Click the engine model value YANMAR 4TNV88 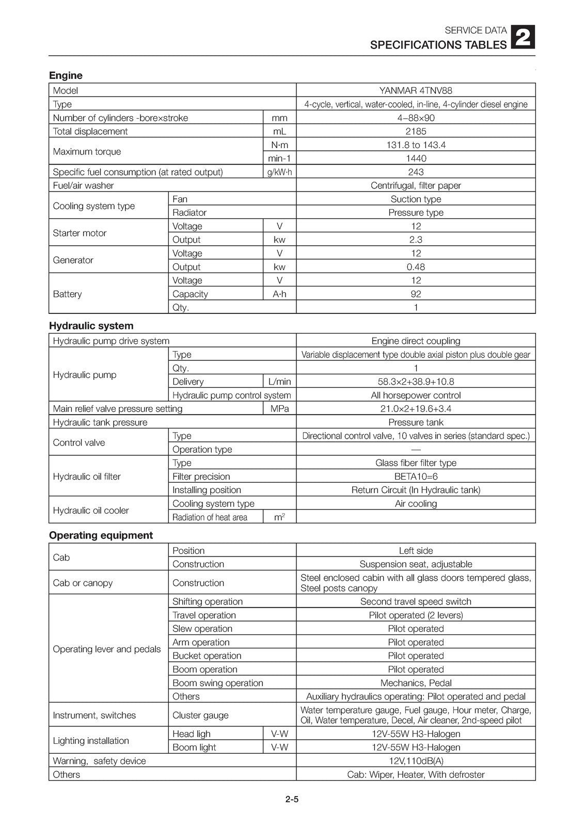[416, 90]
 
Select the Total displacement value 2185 [416, 131]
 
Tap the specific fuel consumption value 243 [416, 172]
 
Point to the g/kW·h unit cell [279, 172]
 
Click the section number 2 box [523, 38]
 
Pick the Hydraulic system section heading [91, 326]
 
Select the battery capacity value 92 [416, 294]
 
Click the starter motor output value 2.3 [416, 240]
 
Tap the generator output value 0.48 [416, 267]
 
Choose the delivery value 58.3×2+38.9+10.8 [416, 382]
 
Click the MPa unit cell [279, 408]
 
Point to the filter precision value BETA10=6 [416, 476]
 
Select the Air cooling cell [416, 503]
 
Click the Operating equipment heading [101, 535]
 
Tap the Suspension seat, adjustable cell [416, 564]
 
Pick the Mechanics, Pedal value [416, 682]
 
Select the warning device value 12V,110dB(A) [416, 761]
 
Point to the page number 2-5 [292, 800]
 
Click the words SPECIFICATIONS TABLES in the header [438, 45]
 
